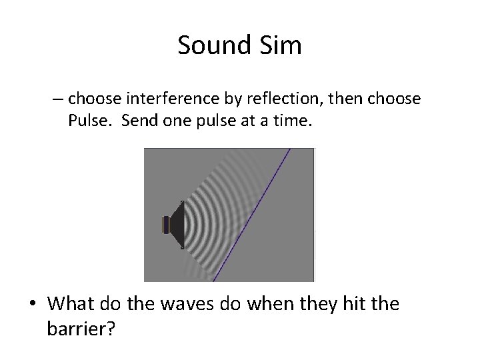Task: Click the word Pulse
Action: click(x=87, y=120)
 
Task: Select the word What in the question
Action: click(x=71, y=304)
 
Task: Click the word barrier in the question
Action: click(x=79, y=329)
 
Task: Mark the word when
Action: click(x=264, y=304)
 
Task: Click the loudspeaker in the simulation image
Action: click(x=175, y=225)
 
